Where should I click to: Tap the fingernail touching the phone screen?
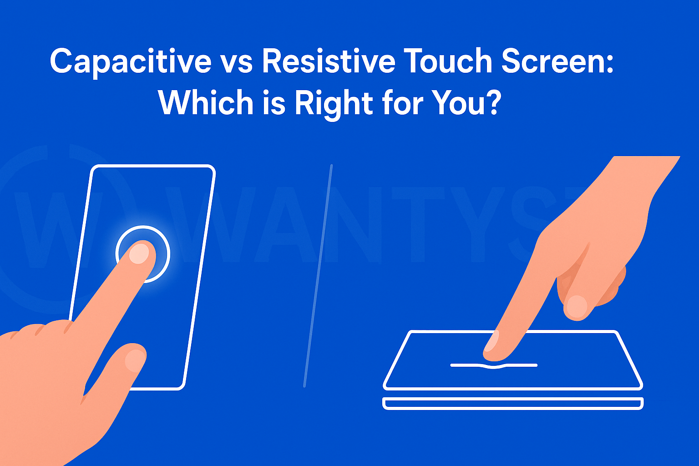(139, 253)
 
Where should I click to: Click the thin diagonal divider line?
(318, 275)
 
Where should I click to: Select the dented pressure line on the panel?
(494, 365)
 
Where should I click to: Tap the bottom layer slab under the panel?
(513, 403)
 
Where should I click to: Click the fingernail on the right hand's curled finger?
(577, 306)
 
